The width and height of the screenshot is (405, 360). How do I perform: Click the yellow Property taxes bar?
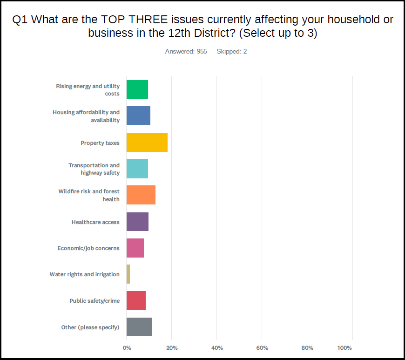pos(147,143)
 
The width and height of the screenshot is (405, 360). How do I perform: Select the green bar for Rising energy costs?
pos(137,89)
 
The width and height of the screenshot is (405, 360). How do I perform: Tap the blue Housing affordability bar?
pos(138,116)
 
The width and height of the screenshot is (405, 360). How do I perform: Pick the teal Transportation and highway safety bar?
pos(137,169)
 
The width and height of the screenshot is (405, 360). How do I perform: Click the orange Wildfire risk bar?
pos(141,195)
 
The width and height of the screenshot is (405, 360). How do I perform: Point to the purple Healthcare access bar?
pos(137,222)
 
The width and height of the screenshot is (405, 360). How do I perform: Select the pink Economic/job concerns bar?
pos(135,248)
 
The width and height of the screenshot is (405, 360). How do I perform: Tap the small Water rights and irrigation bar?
pos(128,274)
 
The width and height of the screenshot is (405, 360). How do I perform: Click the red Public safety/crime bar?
pos(136,300)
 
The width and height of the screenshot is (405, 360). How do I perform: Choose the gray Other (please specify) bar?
pos(139,327)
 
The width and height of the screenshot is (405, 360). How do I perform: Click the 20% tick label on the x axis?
pos(172,348)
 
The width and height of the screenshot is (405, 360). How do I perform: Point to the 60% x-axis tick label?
pos(262,348)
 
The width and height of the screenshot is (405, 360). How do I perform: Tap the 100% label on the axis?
pos(344,348)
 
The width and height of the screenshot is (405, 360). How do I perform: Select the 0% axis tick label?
pos(127,348)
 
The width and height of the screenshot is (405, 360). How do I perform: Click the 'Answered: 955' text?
pos(186,51)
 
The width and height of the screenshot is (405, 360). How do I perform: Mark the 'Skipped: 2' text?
pos(231,51)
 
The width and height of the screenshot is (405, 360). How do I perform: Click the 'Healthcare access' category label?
pos(95,222)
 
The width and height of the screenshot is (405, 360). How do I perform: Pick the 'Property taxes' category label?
pos(100,143)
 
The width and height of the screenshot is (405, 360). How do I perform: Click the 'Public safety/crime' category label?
pos(94,301)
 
